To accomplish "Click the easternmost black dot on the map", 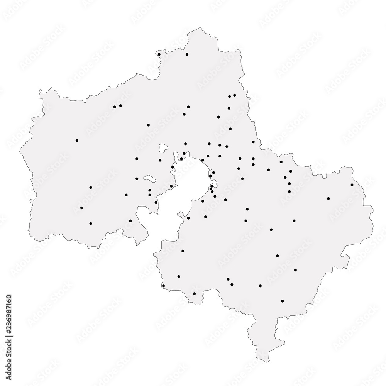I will click(x=352, y=185).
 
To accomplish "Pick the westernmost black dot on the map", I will click(x=77, y=141).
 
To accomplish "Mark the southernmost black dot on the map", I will click(x=283, y=301).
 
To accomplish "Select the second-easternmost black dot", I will click(x=328, y=198).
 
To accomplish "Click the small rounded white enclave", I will click(x=164, y=147).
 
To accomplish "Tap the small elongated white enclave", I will click(x=150, y=179).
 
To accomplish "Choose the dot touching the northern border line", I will click(x=159, y=54).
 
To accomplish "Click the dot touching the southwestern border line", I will click(x=163, y=286).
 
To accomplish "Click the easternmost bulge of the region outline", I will click(x=373, y=210).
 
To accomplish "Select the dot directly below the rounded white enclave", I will click(x=160, y=160).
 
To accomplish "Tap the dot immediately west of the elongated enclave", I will click(x=137, y=179).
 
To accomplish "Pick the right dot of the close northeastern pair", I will click(x=235, y=95).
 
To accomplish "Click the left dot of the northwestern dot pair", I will click(x=115, y=107).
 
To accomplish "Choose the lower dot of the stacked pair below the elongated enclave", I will click(x=150, y=195).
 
